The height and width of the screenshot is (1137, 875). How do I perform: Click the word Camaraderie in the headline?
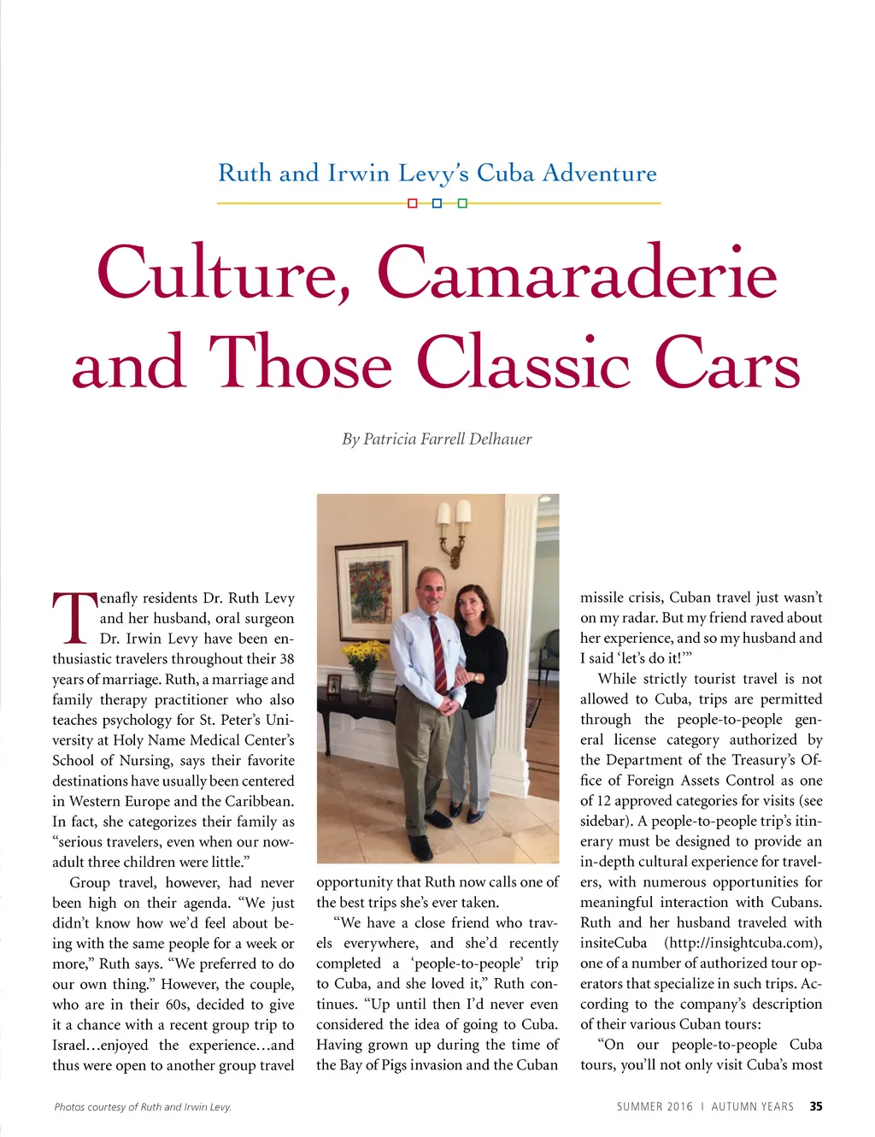(x=577, y=274)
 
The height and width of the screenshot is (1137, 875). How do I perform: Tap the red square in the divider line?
(x=413, y=203)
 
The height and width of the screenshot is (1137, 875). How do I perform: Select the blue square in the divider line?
(x=437, y=203)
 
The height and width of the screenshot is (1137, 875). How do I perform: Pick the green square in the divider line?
(x=462, y=203)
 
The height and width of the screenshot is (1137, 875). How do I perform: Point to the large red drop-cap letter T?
(x=73, y=617)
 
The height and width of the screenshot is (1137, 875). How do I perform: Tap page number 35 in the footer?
(x=816, y=1106)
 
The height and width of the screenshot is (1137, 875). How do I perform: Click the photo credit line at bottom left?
(x=143, y=1107)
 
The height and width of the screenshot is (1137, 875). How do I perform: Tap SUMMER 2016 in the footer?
(x=655, y=1106)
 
